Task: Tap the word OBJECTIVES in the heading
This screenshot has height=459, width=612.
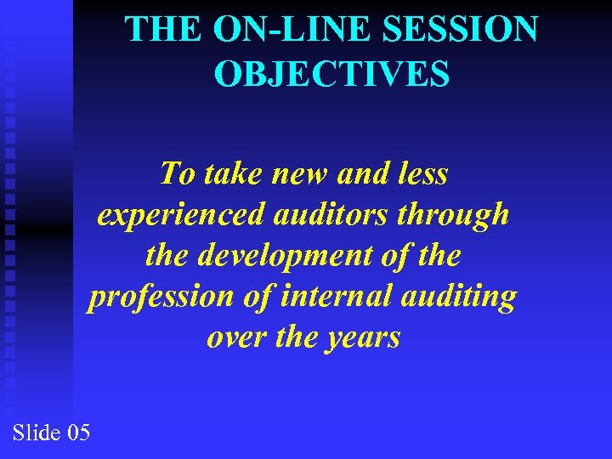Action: tap(331, 74)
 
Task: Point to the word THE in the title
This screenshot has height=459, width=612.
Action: tap(165, 30)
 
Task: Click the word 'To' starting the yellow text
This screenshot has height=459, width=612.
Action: tap(177, 174)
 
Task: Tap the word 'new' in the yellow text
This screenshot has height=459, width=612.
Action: tap(299, 174)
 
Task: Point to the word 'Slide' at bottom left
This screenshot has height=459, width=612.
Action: tap(35, 433)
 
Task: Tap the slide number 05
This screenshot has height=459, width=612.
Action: tap(77, 433)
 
